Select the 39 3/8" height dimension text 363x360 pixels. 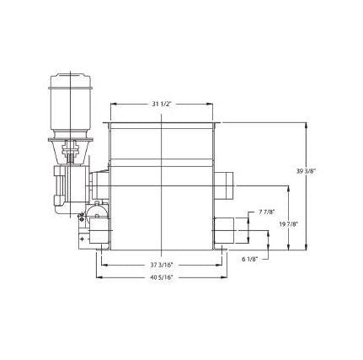click(307, 171)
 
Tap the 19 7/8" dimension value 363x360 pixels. click(289, 224)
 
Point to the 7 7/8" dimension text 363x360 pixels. click(266, 212)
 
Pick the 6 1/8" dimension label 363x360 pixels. click(249, 260)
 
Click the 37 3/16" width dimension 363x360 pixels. click(162, 265)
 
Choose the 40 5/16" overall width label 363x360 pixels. click(162, 277)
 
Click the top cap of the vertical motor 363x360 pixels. click(70, 80)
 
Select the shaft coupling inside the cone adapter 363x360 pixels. click(71, 152)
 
